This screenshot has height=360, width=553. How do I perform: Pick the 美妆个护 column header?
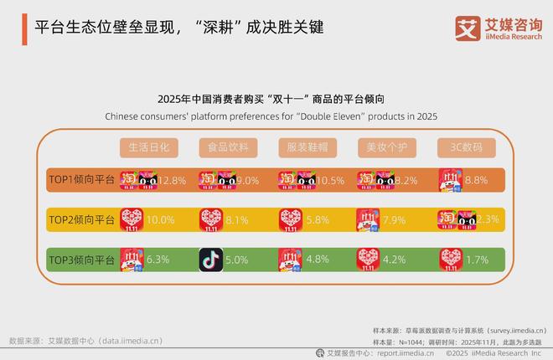(x=382, y=147)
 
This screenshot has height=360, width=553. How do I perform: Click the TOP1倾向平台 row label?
(x=81, y=180)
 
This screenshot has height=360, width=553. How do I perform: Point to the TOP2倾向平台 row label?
(x=81, y=220)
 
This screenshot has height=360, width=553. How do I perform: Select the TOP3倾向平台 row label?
(x=81, y=260)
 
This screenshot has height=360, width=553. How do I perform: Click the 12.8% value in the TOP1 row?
(x=172, y=180)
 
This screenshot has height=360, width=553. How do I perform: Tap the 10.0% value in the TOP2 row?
(x=161, y=220)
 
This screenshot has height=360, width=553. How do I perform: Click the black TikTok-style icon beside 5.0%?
(x=210, y=260)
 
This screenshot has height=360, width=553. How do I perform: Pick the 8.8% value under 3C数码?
(x=476, y=180)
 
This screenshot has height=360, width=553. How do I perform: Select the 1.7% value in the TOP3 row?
(x=476, y=260)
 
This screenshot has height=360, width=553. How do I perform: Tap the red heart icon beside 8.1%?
(x=210, y=220)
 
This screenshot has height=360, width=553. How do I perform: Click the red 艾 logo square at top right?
(x=466, y=28)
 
